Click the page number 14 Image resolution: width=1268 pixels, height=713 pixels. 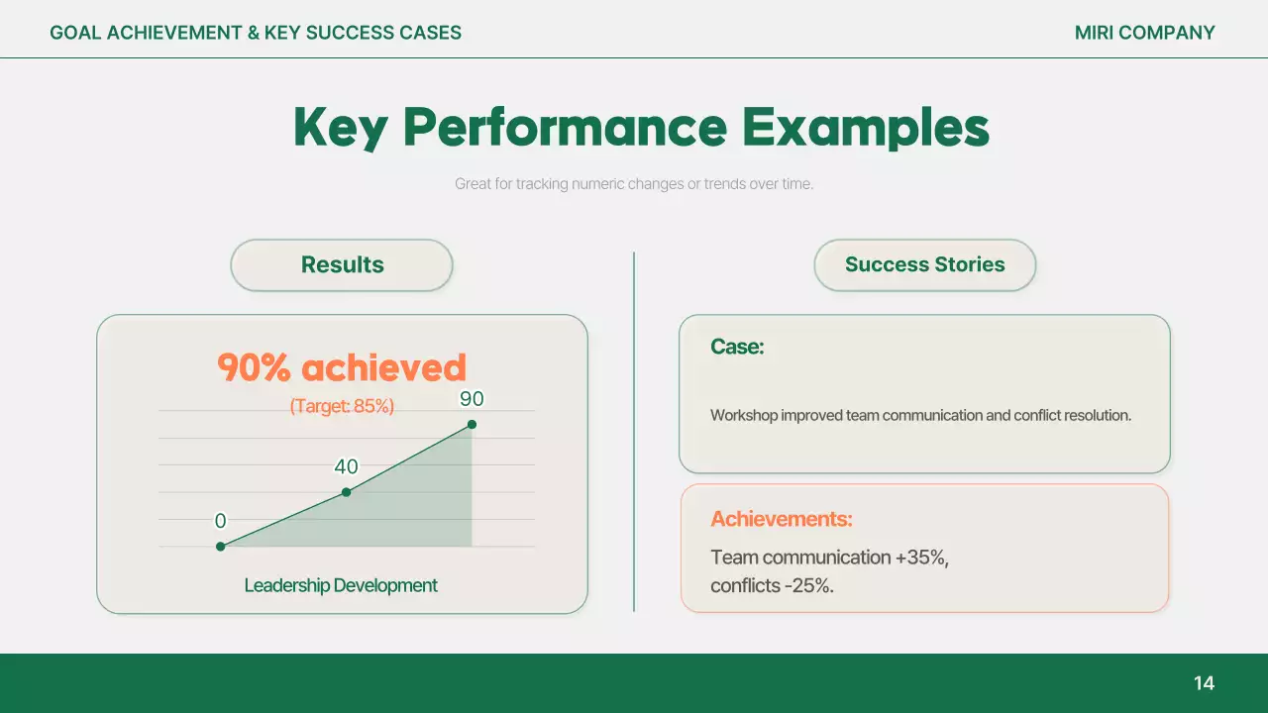point(1204,683)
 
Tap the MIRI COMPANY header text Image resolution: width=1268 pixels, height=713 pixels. point(1144,33)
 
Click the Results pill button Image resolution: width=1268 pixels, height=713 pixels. point(342,265)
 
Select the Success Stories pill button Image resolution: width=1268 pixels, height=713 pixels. point(924,265)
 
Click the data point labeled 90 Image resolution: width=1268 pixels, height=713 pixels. point(472,425)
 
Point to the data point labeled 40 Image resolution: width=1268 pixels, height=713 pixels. point(346,492)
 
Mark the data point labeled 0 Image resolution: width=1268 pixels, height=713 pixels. point(220,546)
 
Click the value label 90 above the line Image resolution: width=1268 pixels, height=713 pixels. point(472,399)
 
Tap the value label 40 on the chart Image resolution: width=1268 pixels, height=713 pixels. point(346,466)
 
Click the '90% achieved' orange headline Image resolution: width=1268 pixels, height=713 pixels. point(342,367)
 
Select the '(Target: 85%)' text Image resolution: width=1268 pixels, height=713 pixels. point(342,406)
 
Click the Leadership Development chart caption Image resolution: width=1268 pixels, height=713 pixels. point(341,585)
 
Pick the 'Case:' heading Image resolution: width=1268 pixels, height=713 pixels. point(737,347)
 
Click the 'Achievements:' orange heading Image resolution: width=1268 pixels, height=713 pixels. point(781,519)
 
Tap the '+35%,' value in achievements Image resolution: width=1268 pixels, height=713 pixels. point(921,558)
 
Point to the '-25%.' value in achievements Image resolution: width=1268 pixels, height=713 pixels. point(808,586)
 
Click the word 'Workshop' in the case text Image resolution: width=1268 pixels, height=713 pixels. point(743,416)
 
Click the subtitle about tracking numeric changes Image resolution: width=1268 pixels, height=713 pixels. point(634,184)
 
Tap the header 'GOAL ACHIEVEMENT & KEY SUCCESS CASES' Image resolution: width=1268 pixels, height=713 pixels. point(256,33)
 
